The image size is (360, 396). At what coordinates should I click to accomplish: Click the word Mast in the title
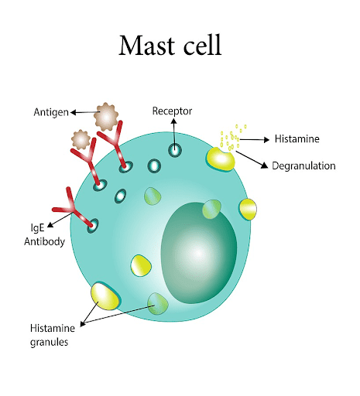pyautogui.click(x=147, y=45)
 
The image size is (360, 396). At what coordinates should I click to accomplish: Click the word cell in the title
pyautogui.click(x=202, y=45)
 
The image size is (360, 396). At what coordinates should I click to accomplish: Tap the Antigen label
pyautogui.click(x=51, y=112)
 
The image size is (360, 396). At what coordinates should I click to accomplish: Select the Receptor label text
pyautogui.click(x=172, y=111)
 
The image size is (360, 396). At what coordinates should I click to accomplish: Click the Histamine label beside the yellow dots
pyautogui.click(x=297, y=138)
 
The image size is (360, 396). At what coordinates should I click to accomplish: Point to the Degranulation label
pyautogui.click(x=303, y=166)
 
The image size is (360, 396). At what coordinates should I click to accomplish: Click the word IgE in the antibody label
pyautogui.click(x=37, y=227)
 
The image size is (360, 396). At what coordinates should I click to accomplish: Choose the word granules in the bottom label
pyautogui.click(x=49, y=342)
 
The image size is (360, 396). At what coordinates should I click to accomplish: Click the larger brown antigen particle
pyautogui.click(x=106, y=117)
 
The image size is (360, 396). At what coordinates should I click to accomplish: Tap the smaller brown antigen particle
pyautogui.click(x=81, y=139)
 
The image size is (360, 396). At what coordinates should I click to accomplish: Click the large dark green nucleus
pyautogui.click(x=199, y=253)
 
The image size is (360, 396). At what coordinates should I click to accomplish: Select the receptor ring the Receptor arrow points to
pyautogui.click(x=175, y=150)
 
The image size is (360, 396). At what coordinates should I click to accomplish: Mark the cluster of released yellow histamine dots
pyautogui.click(x=232, y=138)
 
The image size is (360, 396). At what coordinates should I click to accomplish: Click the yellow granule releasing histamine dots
pyautogui.click(x=221, y=159)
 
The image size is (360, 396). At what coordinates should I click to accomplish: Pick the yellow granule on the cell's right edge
pyautogui.click(x=248, y=209)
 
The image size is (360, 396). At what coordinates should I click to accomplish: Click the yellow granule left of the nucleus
pyautogui.click(x=141, y=266)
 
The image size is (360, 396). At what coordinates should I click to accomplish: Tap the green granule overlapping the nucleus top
pyautogui.click(x=211, y=209)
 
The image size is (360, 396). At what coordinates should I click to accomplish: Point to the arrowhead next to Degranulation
pyautogui.click(x=265, y=166)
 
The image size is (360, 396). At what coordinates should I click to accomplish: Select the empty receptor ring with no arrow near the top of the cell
pyautogui.click(x=154, y=166)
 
